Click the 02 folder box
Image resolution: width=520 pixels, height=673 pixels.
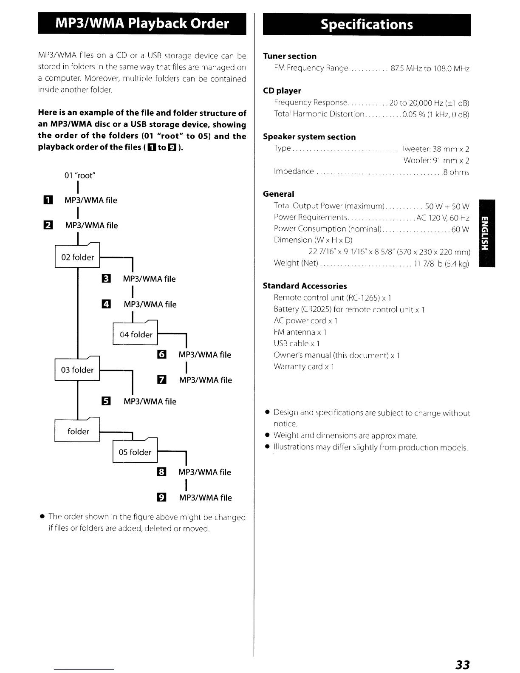pos(77,257)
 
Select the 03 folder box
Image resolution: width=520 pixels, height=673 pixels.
pos(77,370)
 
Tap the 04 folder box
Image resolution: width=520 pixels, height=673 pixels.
pos(136,334)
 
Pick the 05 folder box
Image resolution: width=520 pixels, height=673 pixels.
pos(135,452)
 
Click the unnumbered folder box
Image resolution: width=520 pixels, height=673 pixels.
pos(78,431)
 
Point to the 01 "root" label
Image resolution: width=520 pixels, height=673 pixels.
pos(80,175)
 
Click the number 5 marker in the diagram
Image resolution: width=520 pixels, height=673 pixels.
pos(106,401)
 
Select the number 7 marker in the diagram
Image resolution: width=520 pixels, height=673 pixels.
pos(162,380)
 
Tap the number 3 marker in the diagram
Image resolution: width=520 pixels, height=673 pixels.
pos(106,279)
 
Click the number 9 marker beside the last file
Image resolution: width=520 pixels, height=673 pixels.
pos(162,498)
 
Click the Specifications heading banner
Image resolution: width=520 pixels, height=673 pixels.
pos(367,25)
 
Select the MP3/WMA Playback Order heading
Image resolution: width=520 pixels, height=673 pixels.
pos(142,23)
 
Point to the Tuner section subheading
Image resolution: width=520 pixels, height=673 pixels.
pos(290,56)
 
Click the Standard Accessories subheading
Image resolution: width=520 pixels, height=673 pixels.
pos(305,286)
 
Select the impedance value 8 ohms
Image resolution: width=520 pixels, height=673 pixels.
pos(456,172)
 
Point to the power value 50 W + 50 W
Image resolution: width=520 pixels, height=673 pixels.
pos(447,206)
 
